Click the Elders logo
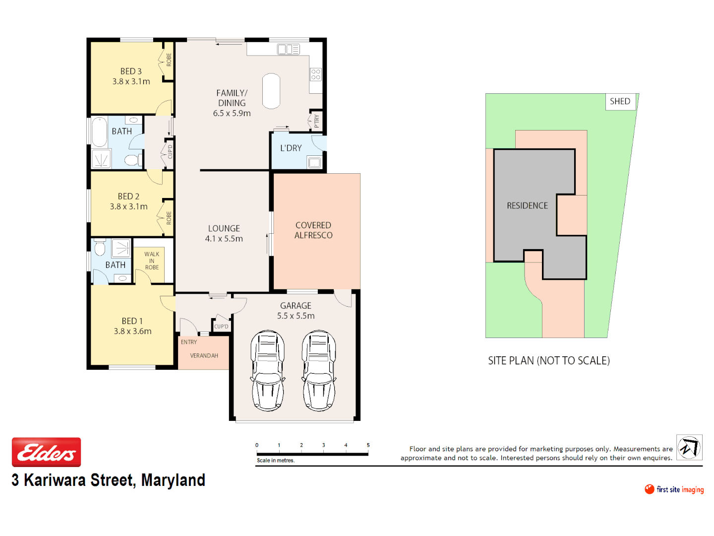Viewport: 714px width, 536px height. pyautogui.click(x=46, y=452)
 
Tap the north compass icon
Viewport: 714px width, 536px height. pyautogui.click(x=689, y=448)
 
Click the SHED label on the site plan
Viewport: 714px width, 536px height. pyautogui.click(x=620, y=101)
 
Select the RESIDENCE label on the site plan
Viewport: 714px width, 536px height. pyautogui.click(x=527, y=205)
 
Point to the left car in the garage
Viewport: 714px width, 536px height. pyautogui.click(x=268, y=370)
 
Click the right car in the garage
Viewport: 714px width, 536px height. pyautogui.click(x=319, y=370)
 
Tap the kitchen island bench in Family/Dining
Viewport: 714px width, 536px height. pyautogui.click(x=271, y=91)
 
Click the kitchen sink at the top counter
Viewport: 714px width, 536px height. pyautogui.click(x=289, y=49)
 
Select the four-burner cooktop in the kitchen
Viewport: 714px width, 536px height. pyautogui.click(x=316, y=74)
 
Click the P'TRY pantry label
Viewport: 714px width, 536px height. pyautogui.click(x=316, y=121)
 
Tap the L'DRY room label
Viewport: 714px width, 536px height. pyautogui.click(x=291, y=148)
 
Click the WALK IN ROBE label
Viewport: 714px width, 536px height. pyautogui.click(x=152, y=261)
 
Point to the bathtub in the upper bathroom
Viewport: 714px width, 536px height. pyautogui.click(x=100, y=132)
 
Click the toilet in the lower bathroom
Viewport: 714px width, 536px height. pyautogui.click(x=100, y=248)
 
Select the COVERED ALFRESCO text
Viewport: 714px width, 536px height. pyautogui.click(x=313, y=230)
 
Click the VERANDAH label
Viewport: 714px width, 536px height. pyautogui.click(x=204, y=355)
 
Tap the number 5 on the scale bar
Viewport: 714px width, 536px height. pyautogui.click(x=368, y=445)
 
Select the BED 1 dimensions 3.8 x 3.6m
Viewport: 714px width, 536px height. pyautogui.click(x=132, y=331)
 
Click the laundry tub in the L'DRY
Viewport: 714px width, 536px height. pyautogui.click(x=314, y=162)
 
